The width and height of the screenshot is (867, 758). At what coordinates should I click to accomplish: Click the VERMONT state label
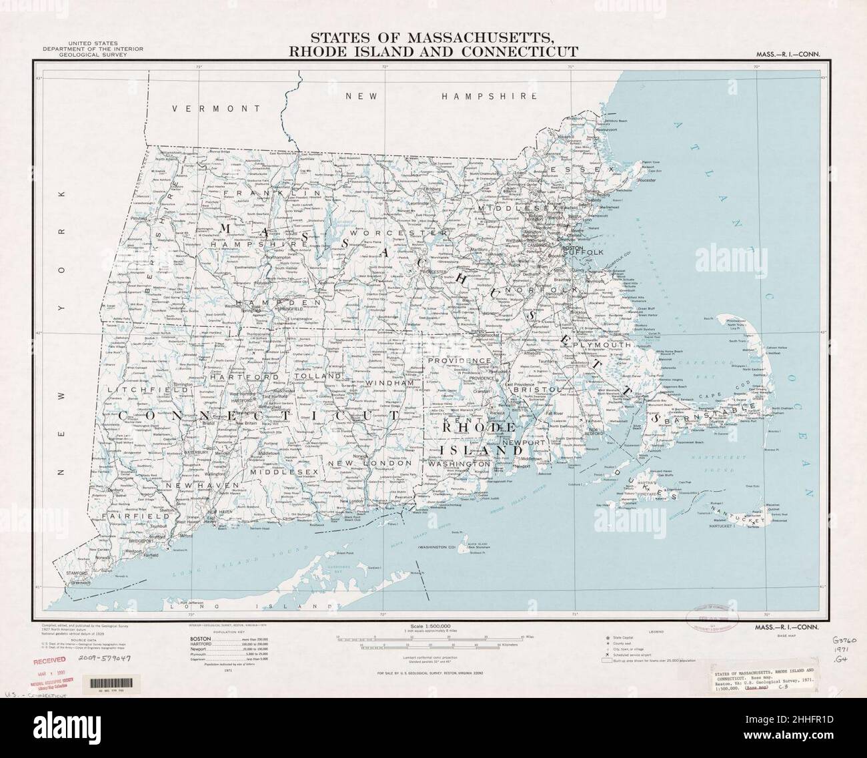click(215, 108)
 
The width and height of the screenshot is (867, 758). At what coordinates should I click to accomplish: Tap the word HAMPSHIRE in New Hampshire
click(490, 96)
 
